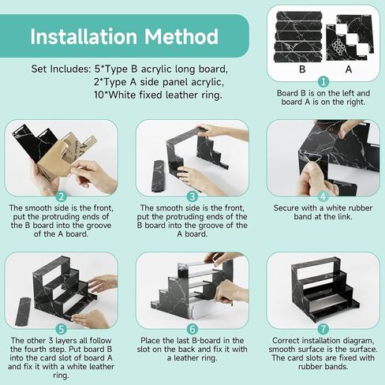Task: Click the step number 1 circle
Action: pos(323,81)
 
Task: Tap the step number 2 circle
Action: pos(62,196)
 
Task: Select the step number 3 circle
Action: pos(192,196)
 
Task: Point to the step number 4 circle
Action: pos(323,196)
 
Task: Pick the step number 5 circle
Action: pos(62,329)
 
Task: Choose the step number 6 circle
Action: pos(192,329)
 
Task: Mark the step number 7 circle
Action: pos(323,329)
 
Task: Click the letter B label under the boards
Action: pos(302,69)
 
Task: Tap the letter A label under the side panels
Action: pos(349,69)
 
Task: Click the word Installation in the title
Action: pos(84,36)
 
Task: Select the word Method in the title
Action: pos(181,36)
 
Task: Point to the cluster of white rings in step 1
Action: pos(338,47)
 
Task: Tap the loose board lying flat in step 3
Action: pos(159,175)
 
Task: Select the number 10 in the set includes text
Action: pos(99,95)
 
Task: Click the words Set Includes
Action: pos(61,69)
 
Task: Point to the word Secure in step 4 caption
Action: pos(286,208)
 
